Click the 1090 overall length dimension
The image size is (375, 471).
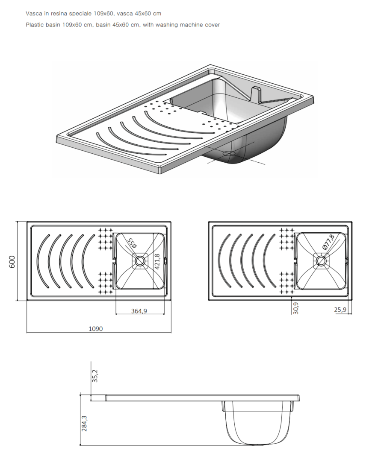click(x=96, y=329)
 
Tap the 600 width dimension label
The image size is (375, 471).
click(x=12, y=262)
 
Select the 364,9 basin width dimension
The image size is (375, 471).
click(x=139, y=311)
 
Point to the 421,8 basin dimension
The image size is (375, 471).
click(x=157, y=261)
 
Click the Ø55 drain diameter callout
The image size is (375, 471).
click(x=132, y=243)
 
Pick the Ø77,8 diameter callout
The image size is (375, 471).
click(x=328, y=242)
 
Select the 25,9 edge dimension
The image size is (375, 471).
click(x=340, y=310)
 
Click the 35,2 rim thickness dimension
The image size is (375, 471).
click(x=95, y=375)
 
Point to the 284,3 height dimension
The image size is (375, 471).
click(x=85, y=424)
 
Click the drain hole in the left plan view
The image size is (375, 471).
click(x=139, y=261)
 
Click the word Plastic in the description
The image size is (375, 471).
click(x=35, y=25)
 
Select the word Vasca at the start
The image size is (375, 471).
click(x=34, y=14)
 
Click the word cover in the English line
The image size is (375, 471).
click(x=213, y=25)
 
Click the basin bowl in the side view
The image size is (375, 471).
click(x=257, y=423)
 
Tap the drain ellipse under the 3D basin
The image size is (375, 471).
click(x=229, y=153)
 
